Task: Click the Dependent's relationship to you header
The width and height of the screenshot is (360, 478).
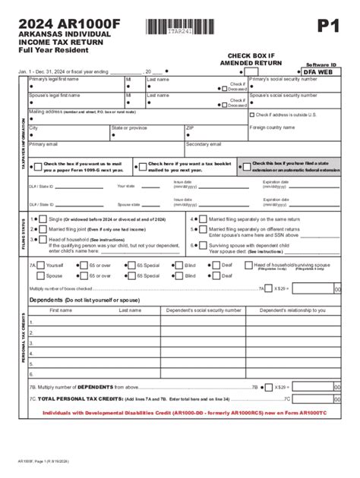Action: pyautogui.click(x=292, y=310)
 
